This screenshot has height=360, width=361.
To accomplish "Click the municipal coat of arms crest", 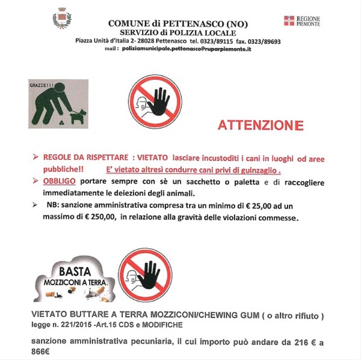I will tap(61, 20).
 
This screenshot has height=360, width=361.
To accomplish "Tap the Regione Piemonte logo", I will tap(301, 21).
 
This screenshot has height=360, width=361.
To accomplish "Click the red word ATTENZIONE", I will tap(260, 126).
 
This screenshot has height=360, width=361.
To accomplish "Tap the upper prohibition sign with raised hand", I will tap(155, 102).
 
